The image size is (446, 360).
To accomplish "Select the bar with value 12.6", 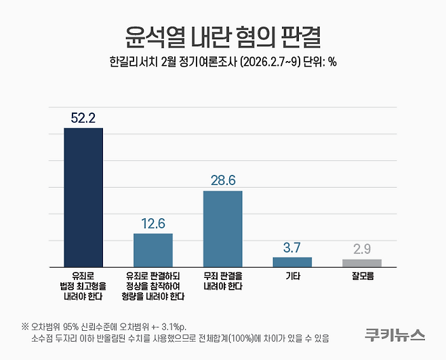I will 153,249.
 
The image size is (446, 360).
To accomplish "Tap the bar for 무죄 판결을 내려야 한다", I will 222,228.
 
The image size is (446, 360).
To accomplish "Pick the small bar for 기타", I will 292,262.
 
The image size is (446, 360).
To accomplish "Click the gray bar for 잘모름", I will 362,262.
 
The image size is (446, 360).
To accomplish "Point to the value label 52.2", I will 83,118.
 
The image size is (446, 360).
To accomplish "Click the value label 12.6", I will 153,224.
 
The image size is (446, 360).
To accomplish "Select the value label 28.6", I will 222,181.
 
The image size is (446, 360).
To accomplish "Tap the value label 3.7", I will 292,247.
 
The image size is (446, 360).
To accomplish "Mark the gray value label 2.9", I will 362,249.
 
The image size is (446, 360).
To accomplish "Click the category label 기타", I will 292,277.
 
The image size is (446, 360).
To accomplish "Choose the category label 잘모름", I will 362,277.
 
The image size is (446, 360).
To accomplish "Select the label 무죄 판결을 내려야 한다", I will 222,281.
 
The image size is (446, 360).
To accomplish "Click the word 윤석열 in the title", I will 147,35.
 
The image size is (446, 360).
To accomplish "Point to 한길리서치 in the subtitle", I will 133,62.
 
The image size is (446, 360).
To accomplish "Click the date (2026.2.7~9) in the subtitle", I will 264,62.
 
